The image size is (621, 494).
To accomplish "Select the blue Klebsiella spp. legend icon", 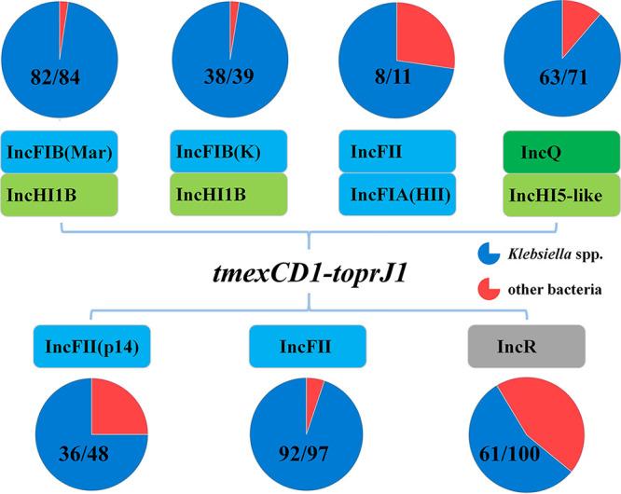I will (x=483, y=253).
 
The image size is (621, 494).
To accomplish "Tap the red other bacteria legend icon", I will (x=483, y=288).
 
